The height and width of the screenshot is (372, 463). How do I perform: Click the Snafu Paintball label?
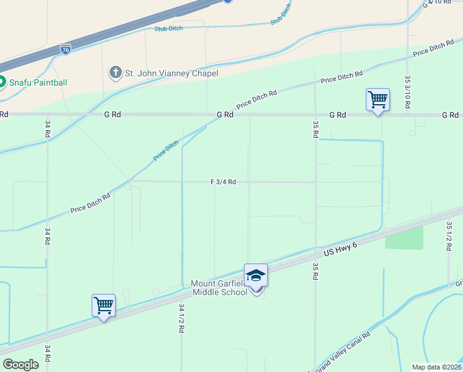38,82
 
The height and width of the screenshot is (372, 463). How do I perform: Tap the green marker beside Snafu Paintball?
2,82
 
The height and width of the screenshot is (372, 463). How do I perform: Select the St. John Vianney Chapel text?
171,73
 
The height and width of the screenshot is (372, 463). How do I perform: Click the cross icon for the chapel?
115,73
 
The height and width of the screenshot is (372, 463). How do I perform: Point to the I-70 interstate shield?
66,48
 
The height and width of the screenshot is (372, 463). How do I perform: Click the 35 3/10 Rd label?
407,92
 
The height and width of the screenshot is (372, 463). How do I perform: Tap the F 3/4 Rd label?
223,182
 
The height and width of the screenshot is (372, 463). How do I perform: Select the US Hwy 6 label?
341,250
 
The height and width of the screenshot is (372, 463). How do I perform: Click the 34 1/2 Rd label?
181,318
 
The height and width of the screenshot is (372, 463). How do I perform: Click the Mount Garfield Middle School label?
219,289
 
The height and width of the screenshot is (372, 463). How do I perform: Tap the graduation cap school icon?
256,275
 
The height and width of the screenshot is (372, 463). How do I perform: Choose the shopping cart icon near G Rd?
378,99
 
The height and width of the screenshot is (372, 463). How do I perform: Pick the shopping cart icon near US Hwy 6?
103,305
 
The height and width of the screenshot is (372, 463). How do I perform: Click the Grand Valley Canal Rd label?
343,351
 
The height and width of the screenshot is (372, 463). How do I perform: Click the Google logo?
20,365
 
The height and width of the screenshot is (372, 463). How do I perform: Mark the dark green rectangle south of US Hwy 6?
404,237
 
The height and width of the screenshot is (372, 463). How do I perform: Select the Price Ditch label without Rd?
167,151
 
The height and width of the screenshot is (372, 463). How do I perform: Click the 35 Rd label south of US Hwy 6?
316,269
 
